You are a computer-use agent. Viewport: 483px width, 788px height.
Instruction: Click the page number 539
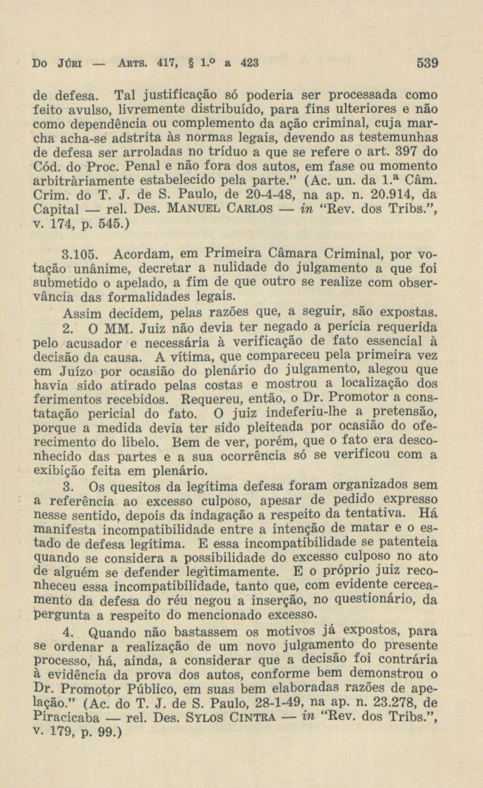tap(427, 63)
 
